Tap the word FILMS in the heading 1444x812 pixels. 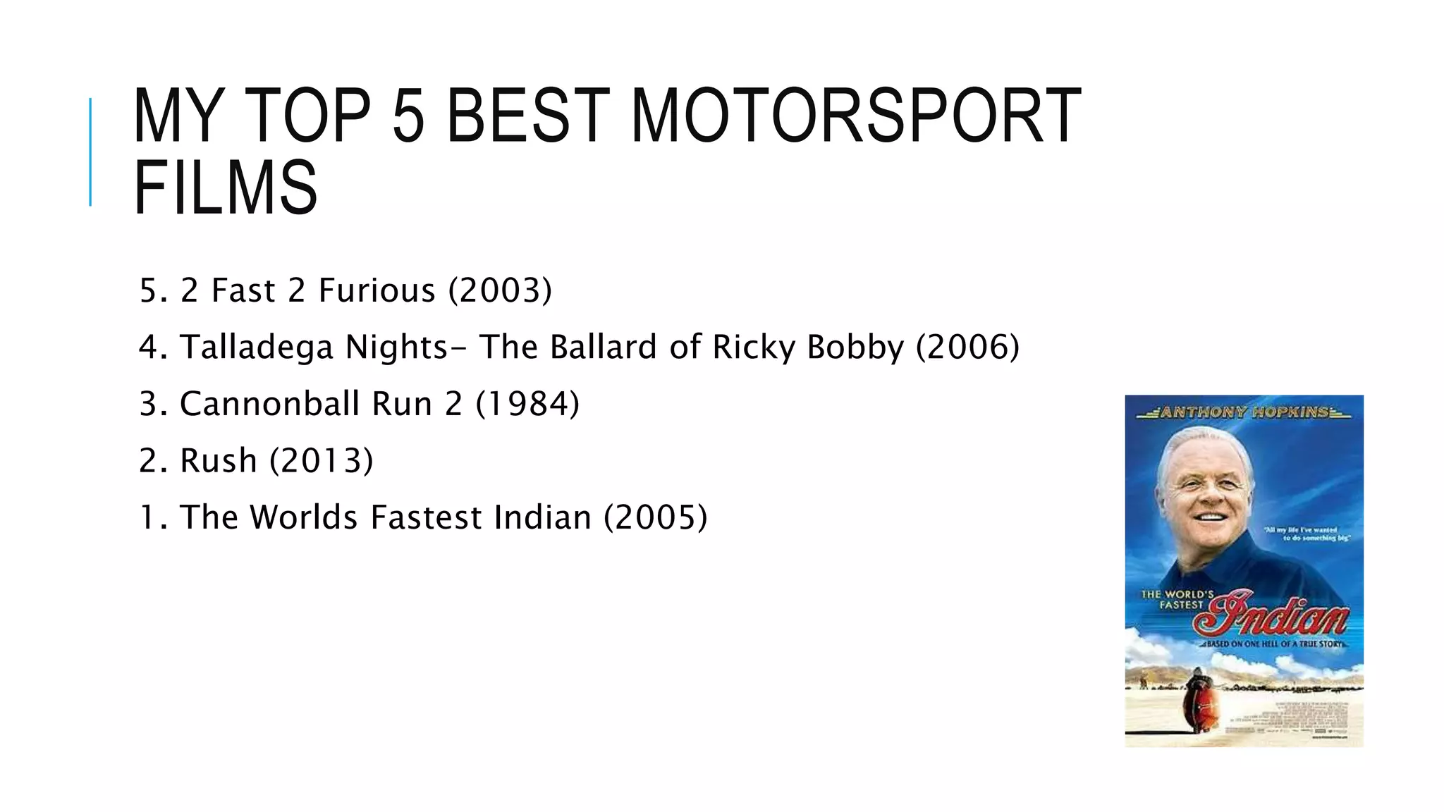click(x=226, y=187)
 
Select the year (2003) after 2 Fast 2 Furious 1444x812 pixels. click(x=501, y=290)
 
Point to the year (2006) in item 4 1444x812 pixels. click(x=967, y=347)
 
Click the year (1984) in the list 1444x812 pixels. click(x=527, y=404)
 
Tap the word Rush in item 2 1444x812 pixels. click(x=219, y=461)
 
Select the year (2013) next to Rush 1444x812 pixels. click(x=322, y=461)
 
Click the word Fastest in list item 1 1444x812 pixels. click(x=425, y=517)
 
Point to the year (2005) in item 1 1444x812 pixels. click(x=656, y=517)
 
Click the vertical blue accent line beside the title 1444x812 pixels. click(x=90, y=152)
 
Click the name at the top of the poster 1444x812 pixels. click(x=1244, y=412)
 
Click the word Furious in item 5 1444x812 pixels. click(x=377, y=290)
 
